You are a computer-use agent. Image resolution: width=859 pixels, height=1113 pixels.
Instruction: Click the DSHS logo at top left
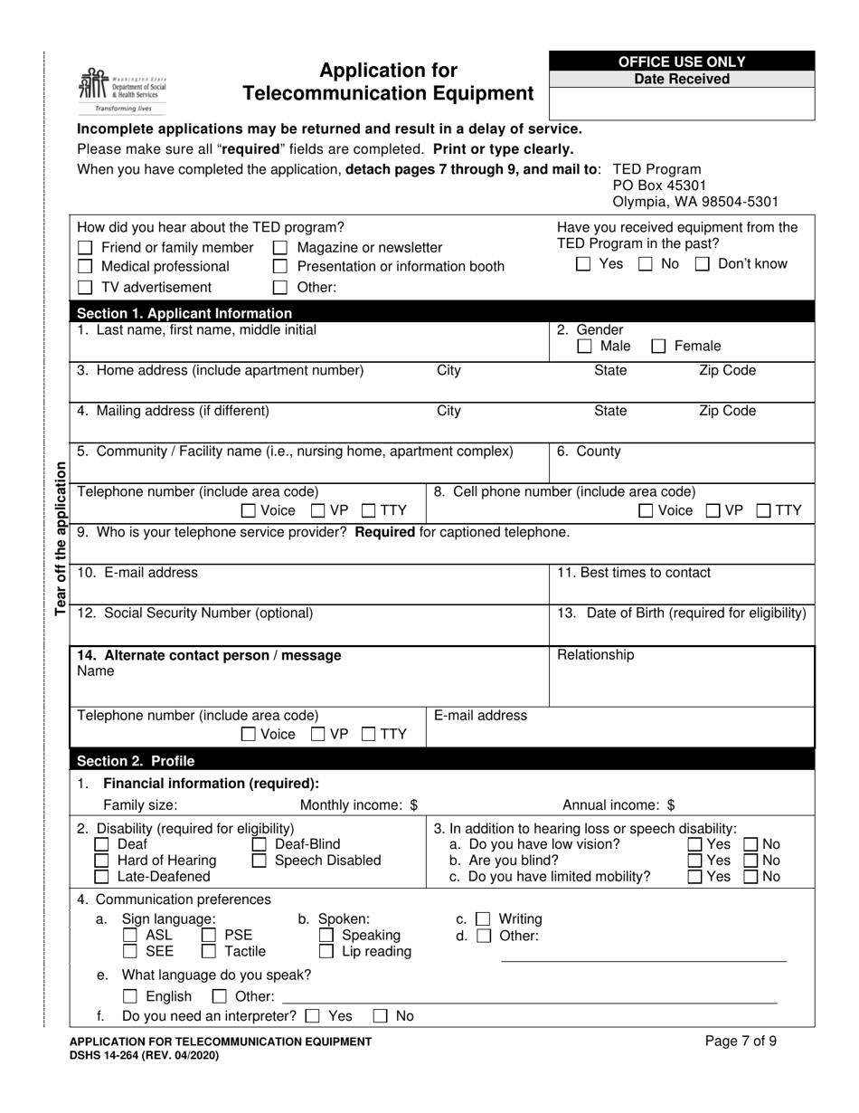click(121, 89)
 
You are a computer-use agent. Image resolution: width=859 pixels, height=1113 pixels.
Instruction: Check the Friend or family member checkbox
click(85, 248)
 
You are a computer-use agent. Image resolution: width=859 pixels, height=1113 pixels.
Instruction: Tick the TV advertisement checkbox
click(85, 288)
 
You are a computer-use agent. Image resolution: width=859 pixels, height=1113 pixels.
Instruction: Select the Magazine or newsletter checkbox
click(280, 248)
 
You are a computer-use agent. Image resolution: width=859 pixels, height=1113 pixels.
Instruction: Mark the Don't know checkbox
click(703, 264)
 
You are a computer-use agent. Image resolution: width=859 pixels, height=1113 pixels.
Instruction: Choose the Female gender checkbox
click(659, 346)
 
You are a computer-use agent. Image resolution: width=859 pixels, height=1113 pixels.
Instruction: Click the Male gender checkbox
click(585, 346)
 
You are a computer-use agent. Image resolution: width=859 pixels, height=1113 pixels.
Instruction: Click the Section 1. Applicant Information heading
click(184, 313)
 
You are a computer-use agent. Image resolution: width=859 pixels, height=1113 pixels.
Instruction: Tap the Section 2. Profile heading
click(136, 760)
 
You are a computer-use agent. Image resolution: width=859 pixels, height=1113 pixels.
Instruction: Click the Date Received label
click(682, 79)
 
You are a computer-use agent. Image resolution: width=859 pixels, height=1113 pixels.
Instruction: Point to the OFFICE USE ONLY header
click(682, 62)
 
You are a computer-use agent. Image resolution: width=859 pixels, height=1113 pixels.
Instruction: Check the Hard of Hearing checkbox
click(102, 861)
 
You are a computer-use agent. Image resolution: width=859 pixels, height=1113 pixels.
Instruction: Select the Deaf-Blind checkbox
click(260, 844)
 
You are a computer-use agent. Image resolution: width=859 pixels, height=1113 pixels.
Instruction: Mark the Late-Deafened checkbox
click(102, 877)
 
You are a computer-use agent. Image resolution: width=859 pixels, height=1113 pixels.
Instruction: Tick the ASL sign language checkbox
click(130, 935)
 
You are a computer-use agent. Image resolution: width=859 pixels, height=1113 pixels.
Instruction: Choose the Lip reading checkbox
click(326, 951)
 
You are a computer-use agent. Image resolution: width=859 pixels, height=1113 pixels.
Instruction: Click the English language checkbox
click(130, 996)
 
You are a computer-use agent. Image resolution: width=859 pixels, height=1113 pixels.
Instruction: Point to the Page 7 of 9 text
click(741, 1041)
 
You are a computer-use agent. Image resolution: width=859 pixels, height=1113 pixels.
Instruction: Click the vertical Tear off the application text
click(61, 538)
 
